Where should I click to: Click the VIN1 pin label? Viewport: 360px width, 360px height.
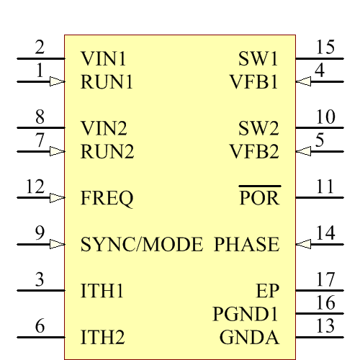104,58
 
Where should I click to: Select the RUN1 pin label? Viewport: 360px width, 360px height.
107,81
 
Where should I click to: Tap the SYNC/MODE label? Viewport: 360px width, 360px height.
142,245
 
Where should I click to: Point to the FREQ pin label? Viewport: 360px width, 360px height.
107,198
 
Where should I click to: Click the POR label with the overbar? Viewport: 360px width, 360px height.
259,198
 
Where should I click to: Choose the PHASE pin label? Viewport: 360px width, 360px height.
246,245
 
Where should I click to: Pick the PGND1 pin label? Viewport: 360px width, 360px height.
246,315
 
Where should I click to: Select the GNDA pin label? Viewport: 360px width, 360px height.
249,337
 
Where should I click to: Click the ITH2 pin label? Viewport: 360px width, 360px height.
103,337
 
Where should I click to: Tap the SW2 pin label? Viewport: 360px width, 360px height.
258,129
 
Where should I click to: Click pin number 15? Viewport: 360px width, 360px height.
325,48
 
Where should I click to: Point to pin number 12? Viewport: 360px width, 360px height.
35,187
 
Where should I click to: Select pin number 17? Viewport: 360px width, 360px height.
325,280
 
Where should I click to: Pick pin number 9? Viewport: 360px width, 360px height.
40,233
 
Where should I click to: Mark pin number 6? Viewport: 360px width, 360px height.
40,326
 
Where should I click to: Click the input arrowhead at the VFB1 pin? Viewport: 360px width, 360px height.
304,82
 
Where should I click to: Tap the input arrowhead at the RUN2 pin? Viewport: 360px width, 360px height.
56,152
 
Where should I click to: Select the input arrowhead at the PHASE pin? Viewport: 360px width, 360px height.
304,245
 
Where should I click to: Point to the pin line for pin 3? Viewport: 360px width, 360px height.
40,291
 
